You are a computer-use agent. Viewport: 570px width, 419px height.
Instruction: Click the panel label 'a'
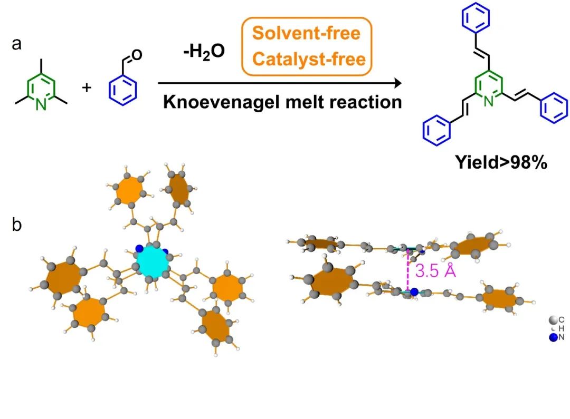click(17, 44)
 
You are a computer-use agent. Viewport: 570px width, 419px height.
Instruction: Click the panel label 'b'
click(17, 226)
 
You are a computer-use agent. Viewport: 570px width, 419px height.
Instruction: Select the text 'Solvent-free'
click(306, 33)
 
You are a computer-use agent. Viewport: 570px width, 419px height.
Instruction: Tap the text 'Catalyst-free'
click(309, 59)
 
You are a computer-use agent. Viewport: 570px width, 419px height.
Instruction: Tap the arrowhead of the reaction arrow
click(395, 83)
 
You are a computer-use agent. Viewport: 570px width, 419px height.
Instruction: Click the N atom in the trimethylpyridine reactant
click(41, 104)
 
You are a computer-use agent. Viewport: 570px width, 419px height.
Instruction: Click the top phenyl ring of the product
click(476, 20)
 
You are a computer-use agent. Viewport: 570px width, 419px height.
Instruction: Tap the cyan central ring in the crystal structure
click(152, 262)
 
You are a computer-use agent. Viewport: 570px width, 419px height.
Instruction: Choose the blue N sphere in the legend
click(553, 338)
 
